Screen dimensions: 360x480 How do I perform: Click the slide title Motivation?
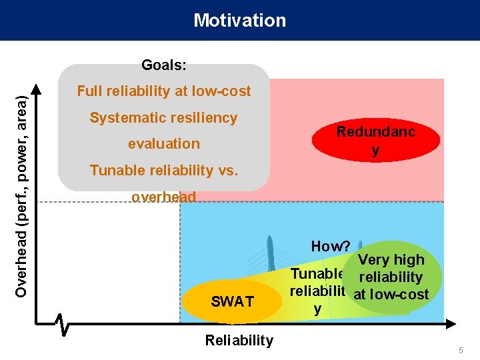(x=239, y=20)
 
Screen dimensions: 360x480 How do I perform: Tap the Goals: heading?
(x=163, y=65)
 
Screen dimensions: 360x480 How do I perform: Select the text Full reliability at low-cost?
(x=164, y=91)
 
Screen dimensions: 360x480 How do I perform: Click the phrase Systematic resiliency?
(x=163, y=118)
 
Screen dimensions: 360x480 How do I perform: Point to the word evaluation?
(x=163, y=143)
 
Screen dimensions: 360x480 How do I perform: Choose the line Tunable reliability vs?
(x=163, y=171)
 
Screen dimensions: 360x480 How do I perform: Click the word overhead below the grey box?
(x=163, y=197)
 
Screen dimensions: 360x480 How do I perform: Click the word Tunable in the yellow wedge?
(x=316, y=275)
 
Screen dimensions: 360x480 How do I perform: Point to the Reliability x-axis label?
(x=239, y=341)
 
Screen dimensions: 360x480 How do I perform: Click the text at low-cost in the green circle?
(x=391, y=294)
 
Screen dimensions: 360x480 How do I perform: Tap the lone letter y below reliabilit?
(x=317, y=309)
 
